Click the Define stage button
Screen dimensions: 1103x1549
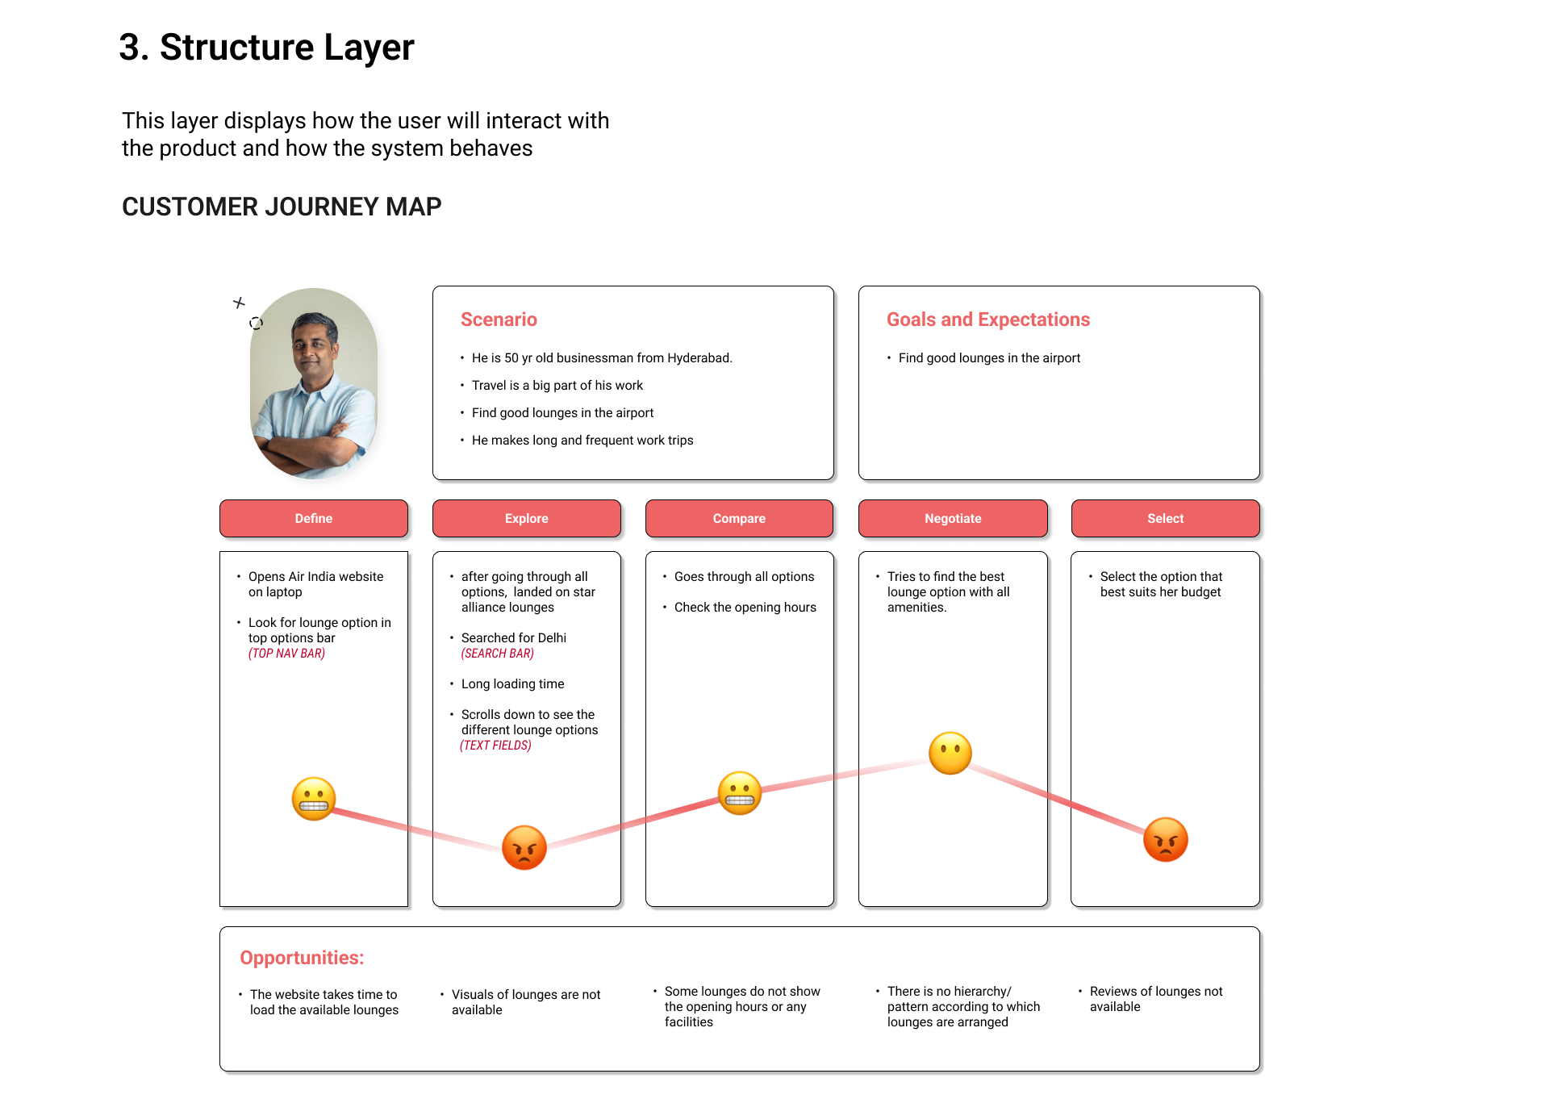tap(313, 518)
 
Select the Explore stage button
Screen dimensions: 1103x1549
tap(526, 518)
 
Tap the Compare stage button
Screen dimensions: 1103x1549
tap(739, 518)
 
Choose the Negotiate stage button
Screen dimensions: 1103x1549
tap(953, 518)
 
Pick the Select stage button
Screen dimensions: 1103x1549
tap(1165, 518)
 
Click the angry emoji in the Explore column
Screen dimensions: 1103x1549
tap(524, 847)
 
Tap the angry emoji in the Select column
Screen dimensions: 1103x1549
tap(1165, 839)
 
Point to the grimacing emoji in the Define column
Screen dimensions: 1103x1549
tap(314, 799)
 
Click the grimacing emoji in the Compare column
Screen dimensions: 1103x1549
tap(739, 793)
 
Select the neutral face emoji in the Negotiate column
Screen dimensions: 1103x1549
tap(950, 753)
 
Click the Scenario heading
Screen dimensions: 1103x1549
tap(499, 320)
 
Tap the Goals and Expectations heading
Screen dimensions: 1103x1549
tap(987, 320)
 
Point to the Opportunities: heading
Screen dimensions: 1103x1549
tap(302, 958)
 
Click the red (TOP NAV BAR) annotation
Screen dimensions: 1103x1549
tap(286, 654)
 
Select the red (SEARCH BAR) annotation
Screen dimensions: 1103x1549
tap(497, 654)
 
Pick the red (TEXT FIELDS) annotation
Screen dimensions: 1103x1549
tap(495, 746)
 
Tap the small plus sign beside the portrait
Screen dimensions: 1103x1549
tap(239, 303)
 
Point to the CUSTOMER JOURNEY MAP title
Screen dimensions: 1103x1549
tap(282, 207)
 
